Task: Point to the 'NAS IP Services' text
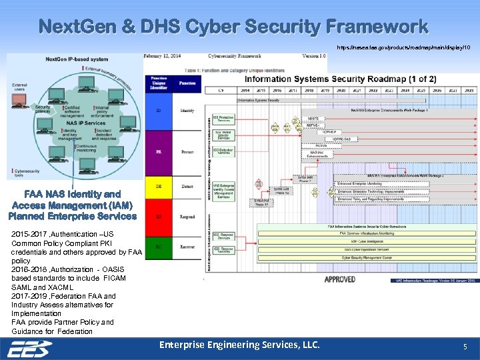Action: [x=85, y=123]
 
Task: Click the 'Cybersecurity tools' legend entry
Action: [x=25, y=172]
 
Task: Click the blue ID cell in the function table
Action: [x=158, y=111]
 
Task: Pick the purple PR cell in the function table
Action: [x=158, y=152]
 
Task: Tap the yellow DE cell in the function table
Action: [x=158, y=187]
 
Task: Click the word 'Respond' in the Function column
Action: [x=187, y=217]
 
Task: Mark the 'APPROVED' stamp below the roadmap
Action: [x=339, y=279]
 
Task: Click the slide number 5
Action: [x=465, y=347]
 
